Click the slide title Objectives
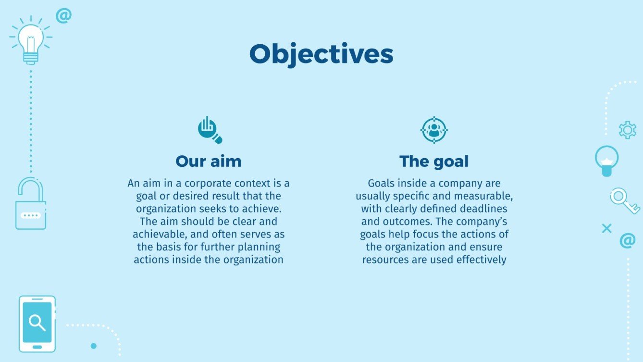(321, 54)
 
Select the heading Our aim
(208, 161)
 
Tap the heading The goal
(433, 161)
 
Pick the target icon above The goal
(434, 130)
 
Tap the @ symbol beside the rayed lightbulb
(63, 15)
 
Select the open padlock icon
(31, 204)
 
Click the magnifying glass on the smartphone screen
(37, 322)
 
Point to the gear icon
(627, 130)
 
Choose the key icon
(624, 200)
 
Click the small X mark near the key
(606, 228)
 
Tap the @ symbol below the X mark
(627, 240)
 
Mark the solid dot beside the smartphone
(94, 346)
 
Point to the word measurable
(485, 196)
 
